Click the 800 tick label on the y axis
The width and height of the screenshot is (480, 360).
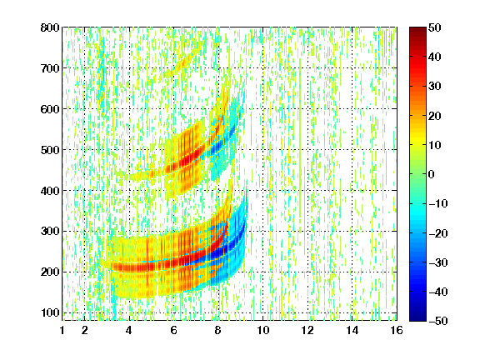(50, 27)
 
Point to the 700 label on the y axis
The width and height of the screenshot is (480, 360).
(50, 68)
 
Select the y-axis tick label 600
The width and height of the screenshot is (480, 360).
(50, 109)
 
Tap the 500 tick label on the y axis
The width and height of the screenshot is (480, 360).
(50, 150)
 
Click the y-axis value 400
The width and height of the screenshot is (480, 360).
(50, 191)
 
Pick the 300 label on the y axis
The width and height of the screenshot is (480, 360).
(50, 232)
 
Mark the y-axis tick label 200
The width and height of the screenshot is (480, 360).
(50, 272)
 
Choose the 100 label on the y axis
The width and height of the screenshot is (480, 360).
(50, 312)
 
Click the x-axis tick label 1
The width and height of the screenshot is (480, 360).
(62, 330)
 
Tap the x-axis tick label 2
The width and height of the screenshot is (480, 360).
(85, 330)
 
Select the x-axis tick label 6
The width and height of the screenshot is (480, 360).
(174, 330)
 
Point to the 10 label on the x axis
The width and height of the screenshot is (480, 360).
(263, 330)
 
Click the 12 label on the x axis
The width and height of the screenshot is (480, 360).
(307, 330)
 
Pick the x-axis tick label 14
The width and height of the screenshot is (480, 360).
(352, 330)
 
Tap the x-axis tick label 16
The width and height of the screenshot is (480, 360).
(397, 330)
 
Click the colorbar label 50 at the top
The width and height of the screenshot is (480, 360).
(435, 27)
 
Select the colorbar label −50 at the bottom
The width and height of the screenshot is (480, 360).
(437, 321)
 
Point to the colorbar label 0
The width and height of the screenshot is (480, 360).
(432, 174)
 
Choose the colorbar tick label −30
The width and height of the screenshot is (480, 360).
(437, 262)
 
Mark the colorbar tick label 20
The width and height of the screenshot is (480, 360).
(435, 116)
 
